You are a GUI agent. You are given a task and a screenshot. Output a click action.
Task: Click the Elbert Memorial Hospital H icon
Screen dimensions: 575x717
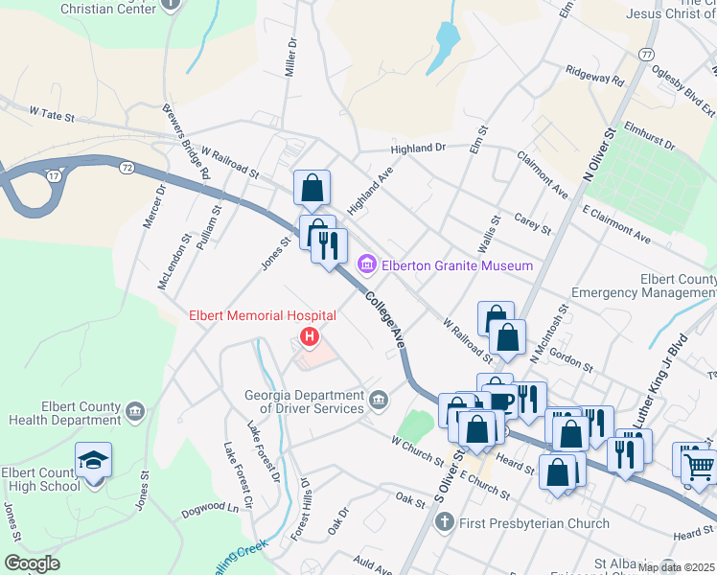[x=309, y=335]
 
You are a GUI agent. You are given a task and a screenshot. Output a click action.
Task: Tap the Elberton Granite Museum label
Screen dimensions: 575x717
[x=456, y=265]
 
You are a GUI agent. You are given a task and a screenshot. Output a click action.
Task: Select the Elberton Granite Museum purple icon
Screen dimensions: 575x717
[x=366, y=264]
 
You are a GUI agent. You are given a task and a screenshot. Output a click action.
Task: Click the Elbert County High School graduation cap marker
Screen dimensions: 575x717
[x=93, y=462]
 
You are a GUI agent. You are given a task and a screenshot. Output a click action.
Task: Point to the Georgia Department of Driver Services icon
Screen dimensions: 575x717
[x=380, y=398]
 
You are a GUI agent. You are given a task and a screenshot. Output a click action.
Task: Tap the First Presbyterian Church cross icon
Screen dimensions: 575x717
[x=443, y=523]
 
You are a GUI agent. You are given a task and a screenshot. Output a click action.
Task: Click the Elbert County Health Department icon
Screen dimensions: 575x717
[x=134, y=411]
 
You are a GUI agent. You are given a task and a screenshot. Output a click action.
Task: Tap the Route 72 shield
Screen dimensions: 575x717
[x=127, y=167]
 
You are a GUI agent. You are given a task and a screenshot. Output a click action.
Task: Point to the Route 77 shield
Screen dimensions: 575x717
[x=648, y=55]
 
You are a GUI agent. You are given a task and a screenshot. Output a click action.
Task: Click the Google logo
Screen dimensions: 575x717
[x=32, y=563]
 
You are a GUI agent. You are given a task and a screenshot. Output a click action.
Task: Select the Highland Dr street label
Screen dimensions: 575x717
[x=418, y=149]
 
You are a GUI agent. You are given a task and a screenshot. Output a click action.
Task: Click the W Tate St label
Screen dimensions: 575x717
[x=52, y=113]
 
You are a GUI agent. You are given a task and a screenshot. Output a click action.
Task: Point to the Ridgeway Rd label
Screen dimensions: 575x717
[x=594, y=73]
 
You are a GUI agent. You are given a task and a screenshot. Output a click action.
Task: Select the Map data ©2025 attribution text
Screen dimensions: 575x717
[x=676, y=567]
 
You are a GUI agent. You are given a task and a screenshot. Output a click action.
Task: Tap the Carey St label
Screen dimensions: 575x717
[x=533, y=225]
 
